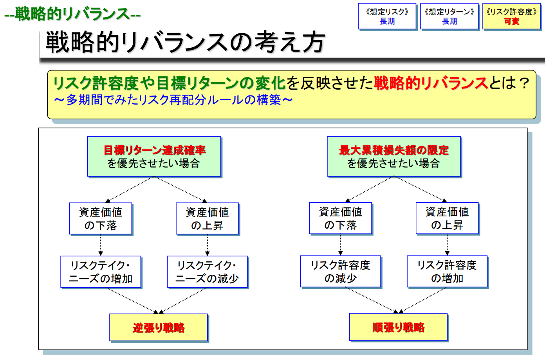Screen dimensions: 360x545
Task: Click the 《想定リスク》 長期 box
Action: (x=387, y=16)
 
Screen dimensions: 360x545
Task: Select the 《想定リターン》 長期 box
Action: (x=449, y=16)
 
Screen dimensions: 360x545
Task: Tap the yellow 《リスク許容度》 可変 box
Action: (x=511, y=16)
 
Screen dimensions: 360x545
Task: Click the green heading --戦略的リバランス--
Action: (x=72, y=14)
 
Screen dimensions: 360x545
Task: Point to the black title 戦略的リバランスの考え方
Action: (x=185, y=42)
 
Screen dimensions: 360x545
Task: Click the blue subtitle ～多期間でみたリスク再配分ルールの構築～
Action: (x=173, y=100)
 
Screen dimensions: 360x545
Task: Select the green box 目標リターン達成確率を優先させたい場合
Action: (x=154, y=157)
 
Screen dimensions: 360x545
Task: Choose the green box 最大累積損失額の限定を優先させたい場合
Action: (x=394, y=157)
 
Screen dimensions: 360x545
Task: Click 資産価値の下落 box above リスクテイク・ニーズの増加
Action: (x=101, y=219)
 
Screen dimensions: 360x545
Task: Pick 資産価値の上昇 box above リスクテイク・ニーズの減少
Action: (x=207, y=219)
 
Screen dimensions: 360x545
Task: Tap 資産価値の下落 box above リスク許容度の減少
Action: (x=340, y=218)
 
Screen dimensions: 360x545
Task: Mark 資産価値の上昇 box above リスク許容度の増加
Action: (x=447, y=218)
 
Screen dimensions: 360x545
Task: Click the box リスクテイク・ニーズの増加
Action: (x=101, y=272)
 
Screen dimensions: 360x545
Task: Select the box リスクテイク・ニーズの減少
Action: (x=207, y=272)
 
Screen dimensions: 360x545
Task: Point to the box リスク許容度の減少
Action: (x=340, y=272)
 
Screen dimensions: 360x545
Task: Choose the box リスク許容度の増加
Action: (x=447, y=272)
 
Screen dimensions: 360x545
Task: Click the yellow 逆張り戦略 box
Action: (x=159, y=328)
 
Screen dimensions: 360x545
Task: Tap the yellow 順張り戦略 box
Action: (x=398, y=327)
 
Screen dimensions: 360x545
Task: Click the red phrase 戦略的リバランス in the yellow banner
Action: (x=431, y=83)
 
